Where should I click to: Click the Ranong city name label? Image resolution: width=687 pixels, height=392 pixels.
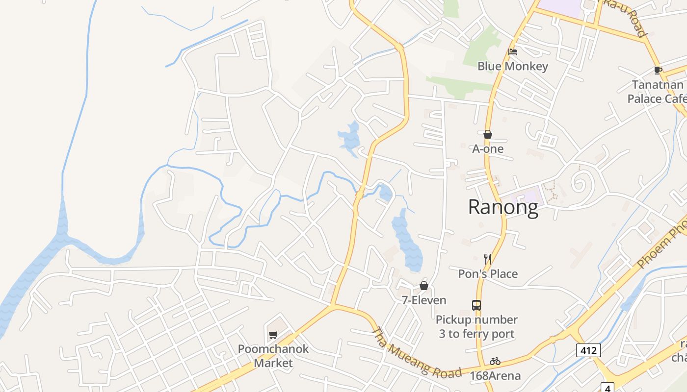click(x=503, y=207)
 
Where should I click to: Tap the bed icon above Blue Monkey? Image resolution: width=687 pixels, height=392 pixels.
click(x=513, y=52)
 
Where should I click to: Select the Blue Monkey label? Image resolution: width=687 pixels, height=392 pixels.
click(x=513, y=66)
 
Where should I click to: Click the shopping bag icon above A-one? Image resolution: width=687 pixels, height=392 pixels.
click(x=488, y=134)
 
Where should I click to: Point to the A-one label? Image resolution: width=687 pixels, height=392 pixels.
click(x=488, y=148)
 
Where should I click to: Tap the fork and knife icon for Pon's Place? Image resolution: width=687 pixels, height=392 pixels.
click(x=488, y=259)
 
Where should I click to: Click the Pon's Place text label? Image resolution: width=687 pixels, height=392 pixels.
click(x=488, y=273)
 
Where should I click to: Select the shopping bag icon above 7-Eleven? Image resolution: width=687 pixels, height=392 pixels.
click(x=424, y=286)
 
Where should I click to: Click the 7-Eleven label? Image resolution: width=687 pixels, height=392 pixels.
click(x=424, y=300)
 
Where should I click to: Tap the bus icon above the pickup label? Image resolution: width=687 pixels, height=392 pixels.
click(x=476, y=305)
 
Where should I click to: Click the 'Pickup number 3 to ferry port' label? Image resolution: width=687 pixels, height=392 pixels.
click(x=476, y=327)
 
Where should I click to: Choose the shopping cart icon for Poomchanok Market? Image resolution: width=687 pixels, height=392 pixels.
click(x=273, y=335)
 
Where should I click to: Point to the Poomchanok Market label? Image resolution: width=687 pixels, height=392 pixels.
click(x=273, y=356)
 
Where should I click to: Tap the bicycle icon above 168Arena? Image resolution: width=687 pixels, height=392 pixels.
click(x=495, y=362)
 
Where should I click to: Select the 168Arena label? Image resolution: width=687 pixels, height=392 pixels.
click(x=495, y=376)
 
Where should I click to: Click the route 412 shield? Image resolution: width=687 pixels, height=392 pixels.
click(x=588, y=350)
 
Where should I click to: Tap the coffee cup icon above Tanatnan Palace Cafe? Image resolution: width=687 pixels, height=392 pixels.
click(x=658, y=71)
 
